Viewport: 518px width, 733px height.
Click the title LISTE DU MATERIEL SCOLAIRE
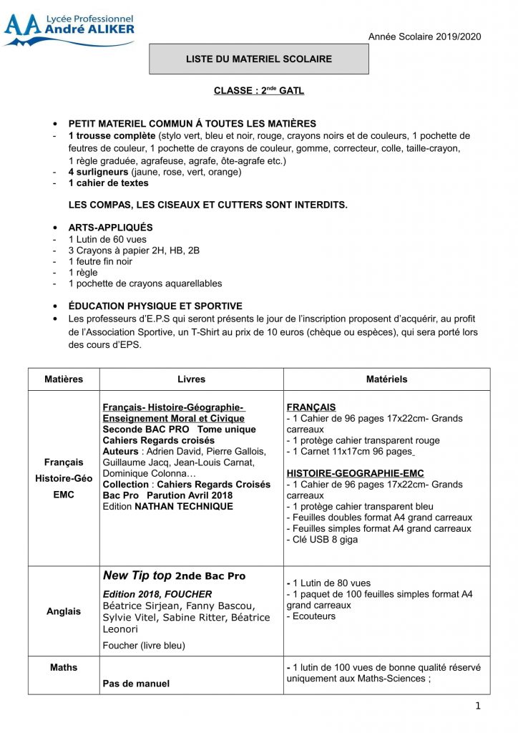tap(258, 59)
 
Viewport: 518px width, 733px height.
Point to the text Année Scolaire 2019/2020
tap(425, 37)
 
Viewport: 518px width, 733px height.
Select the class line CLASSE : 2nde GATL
tap(258, 91)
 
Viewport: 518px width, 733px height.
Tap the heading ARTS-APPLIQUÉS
tap(110, 228)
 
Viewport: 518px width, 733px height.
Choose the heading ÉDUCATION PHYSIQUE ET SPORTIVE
tap(155, 306)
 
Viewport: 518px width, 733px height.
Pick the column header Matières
tap(64, 379)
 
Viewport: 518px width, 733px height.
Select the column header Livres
tap(191, 379)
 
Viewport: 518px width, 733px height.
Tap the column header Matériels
tap(386, 379)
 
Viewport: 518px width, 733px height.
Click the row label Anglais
tap(64, 612)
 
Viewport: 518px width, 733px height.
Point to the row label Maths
tap(64, 668)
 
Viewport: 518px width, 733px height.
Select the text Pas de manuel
tap(136, 684)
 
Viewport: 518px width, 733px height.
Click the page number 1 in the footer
tap(478, 707)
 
